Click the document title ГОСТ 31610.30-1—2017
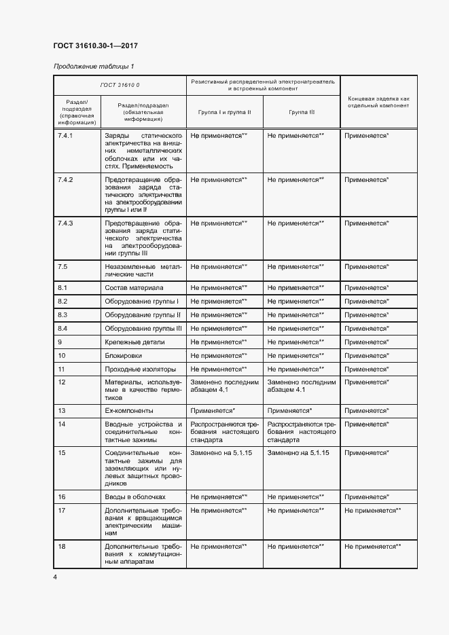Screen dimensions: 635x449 (95, 46)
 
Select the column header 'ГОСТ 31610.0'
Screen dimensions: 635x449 (120, 84)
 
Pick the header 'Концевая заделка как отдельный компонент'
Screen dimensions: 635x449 (378, 102)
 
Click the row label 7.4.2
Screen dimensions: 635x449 (66, 179)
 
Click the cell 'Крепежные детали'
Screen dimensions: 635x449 (134, 342)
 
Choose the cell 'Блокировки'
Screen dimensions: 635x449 (124, 355)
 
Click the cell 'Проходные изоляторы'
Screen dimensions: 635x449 (139, 369)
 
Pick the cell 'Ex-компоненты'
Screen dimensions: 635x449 (129, 411)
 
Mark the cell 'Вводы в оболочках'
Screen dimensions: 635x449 (135, 496)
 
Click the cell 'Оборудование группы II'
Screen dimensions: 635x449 (143, 314)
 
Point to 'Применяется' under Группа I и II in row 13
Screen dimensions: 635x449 (213, 411)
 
